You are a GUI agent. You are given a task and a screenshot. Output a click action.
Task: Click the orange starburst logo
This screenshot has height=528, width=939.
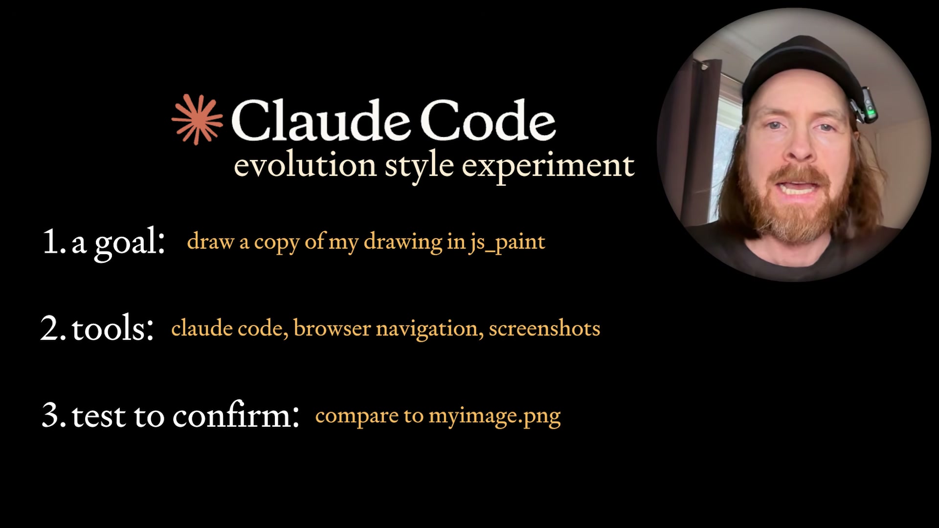coord(197,120)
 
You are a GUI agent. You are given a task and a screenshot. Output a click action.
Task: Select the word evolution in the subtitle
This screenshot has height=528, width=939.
coord(305,165)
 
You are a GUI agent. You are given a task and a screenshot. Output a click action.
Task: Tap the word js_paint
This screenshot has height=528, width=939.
coord(507,242)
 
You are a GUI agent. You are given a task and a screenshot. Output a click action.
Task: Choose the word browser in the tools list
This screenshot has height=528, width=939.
coord(332,328)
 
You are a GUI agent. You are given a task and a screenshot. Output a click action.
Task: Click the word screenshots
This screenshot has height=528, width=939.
coord(544,328)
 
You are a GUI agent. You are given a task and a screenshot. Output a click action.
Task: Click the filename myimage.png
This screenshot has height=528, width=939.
coord(494,416)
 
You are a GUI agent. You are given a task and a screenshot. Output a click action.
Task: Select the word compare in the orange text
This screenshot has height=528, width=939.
coord(357,417)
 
